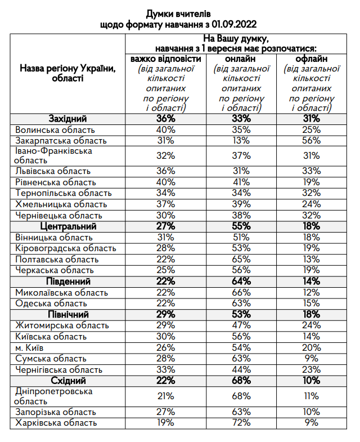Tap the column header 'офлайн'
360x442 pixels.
click(311, 59)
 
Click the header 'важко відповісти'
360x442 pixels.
click(166, 59)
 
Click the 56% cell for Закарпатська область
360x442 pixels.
click(311, 141)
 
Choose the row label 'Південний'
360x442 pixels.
click(70, 282)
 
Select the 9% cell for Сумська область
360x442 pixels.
click(311, 359)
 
